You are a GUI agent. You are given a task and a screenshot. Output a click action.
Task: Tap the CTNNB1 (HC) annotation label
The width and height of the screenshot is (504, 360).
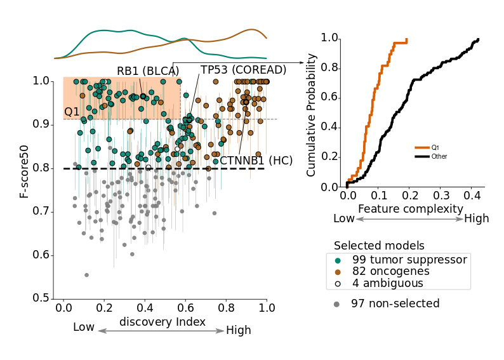[x=256, y=161]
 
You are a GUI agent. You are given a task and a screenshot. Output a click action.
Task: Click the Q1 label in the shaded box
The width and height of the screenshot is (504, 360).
[x=72, y=112]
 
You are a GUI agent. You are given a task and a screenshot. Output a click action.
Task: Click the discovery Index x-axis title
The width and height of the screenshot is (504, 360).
[x=162, y=322]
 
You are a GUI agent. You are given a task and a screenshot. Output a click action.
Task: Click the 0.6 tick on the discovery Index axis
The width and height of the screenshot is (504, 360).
[x=185, y=307]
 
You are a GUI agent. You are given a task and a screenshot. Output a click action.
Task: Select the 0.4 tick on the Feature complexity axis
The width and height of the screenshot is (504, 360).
[x=470, y=196]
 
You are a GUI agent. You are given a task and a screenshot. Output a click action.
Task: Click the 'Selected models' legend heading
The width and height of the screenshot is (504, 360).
[x=379, y=246]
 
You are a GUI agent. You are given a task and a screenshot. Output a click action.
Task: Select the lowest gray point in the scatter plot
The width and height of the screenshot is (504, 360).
[x=86, y=275]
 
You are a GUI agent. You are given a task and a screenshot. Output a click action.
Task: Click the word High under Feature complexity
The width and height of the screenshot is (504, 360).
[x=477, y=219]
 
